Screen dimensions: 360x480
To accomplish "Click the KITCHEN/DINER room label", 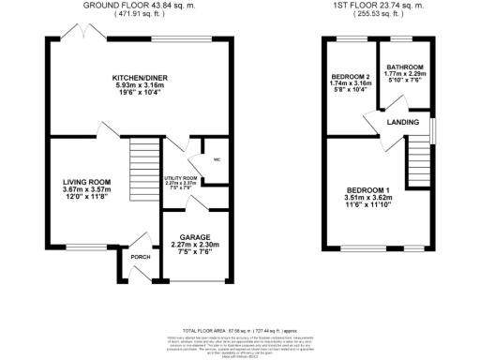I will (138, 77).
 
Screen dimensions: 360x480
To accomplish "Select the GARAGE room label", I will (195, 236).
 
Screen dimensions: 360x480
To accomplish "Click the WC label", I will (217, 159).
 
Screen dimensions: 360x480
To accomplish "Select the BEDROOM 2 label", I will (350, 77).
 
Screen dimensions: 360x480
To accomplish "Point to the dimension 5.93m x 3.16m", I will (138, 85).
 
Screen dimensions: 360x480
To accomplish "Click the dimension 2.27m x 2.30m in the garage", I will (195, 244).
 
